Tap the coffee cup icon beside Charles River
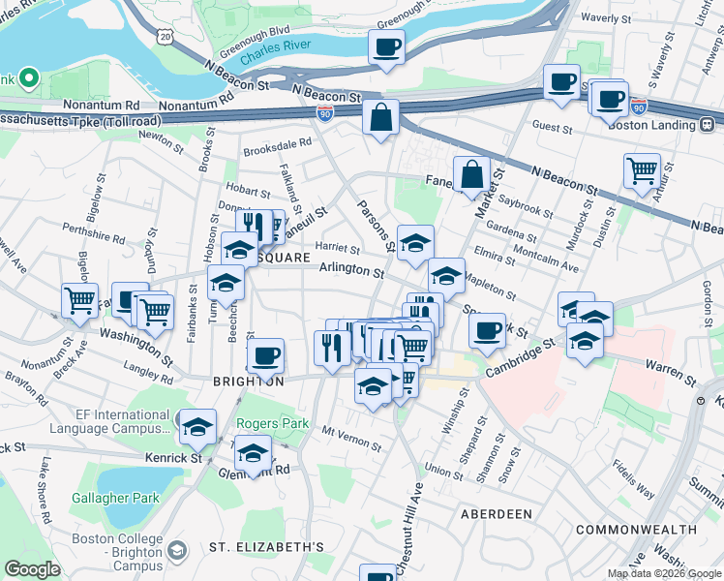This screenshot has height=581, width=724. (386, 46)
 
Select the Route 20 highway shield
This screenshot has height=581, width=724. (166, 36)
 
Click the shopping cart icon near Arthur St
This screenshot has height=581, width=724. (642, 170)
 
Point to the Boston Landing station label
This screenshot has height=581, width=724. (654, 125)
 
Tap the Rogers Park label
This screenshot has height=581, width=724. (273, 423)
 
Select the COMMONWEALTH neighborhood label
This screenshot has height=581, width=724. (636, 530)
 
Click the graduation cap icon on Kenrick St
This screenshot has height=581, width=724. (253, 452)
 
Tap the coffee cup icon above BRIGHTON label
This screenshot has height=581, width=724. (264, 355)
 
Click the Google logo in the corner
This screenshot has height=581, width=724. (32, 569)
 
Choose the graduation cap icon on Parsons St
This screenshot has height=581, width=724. (413, 243)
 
